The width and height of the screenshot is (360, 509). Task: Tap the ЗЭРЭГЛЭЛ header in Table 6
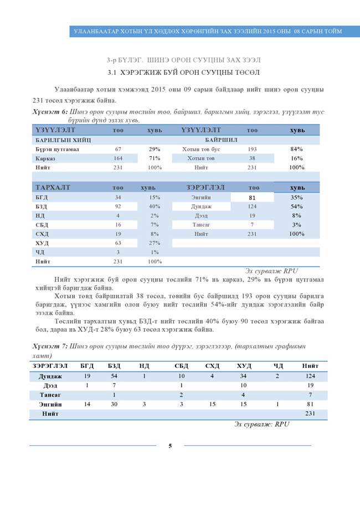205,188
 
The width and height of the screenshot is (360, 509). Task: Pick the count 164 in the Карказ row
118,158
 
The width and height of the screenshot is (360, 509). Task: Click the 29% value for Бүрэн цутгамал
155,150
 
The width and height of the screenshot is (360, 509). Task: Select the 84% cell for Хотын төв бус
296,150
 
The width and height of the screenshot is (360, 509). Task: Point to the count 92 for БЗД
118,206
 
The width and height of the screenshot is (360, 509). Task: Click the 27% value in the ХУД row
155,243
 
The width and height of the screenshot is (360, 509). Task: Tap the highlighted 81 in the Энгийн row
251,197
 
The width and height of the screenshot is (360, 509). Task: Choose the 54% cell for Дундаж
296,206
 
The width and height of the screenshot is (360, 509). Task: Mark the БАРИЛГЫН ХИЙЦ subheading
59,140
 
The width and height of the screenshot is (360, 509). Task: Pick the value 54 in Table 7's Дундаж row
114,376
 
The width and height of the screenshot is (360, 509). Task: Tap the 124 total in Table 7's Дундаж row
310,376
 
